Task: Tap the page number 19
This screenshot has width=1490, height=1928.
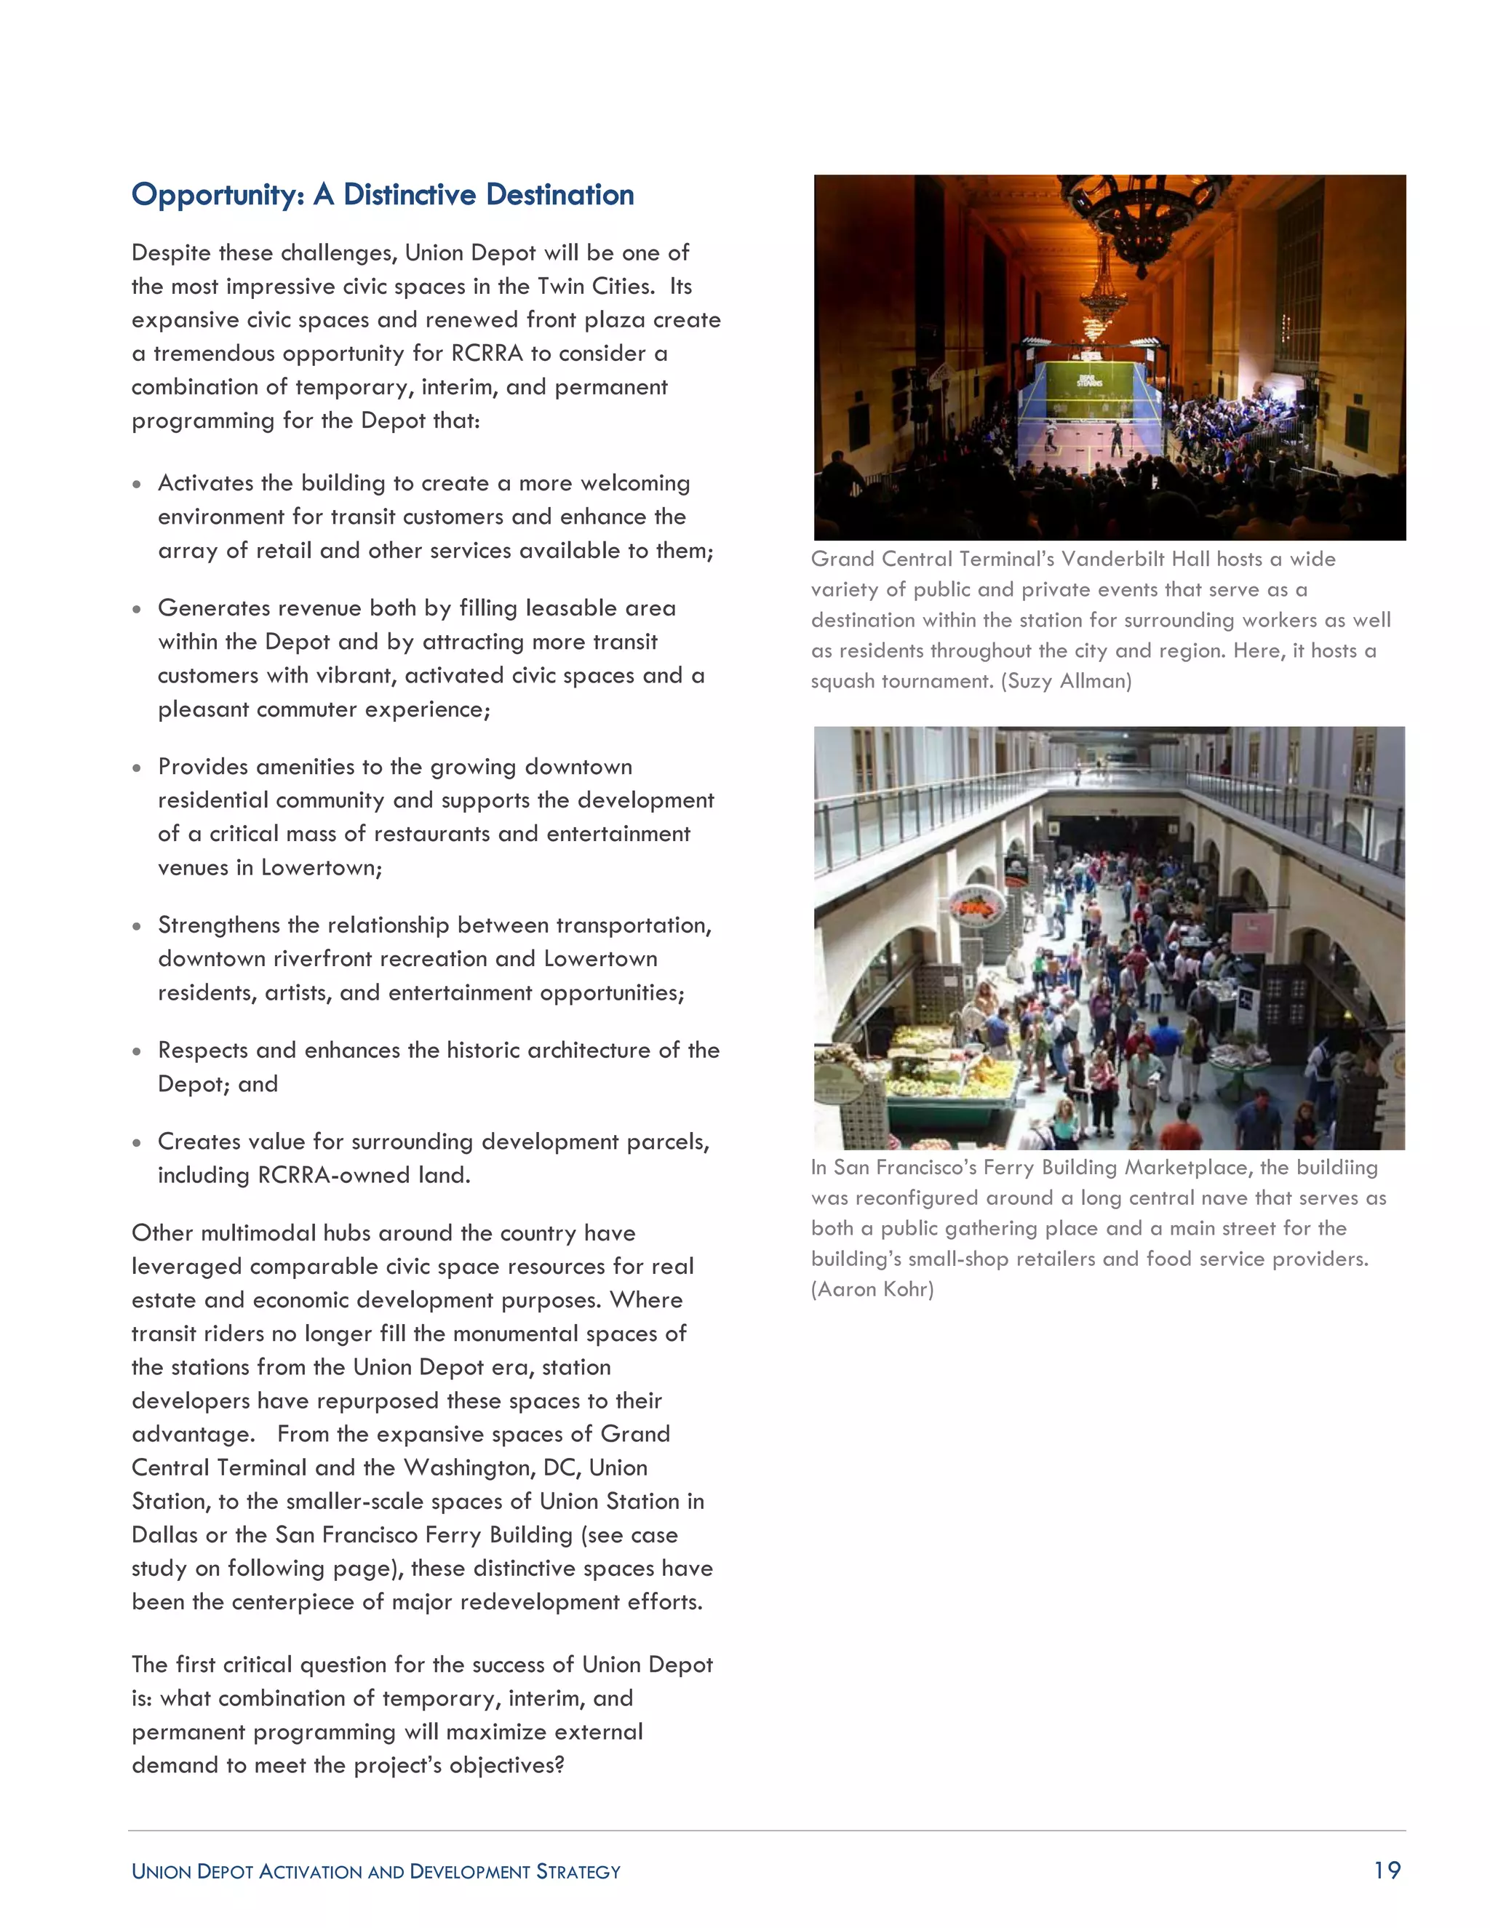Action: coord(1387,1870)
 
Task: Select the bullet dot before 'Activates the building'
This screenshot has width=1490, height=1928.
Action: coord(136,485)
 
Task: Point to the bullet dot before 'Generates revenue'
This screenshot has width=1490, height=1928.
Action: coord(136,609)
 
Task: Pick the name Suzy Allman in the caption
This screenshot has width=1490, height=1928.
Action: coord(1065,681)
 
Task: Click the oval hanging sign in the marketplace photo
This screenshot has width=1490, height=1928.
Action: coord(976,907)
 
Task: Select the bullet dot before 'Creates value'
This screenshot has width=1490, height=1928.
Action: coord(136,1143)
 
